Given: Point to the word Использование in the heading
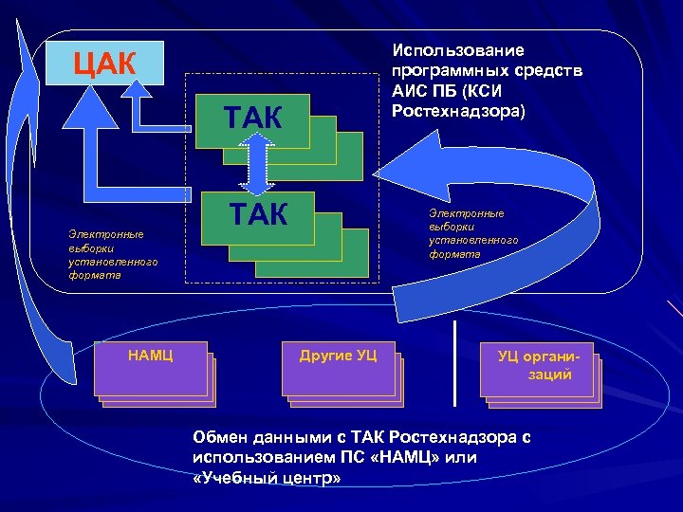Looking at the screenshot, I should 456,51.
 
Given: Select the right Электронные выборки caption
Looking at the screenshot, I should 472,233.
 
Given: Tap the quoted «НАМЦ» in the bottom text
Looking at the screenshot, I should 397,458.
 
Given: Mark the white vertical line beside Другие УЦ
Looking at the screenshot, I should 456,360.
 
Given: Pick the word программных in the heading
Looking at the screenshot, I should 442,71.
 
